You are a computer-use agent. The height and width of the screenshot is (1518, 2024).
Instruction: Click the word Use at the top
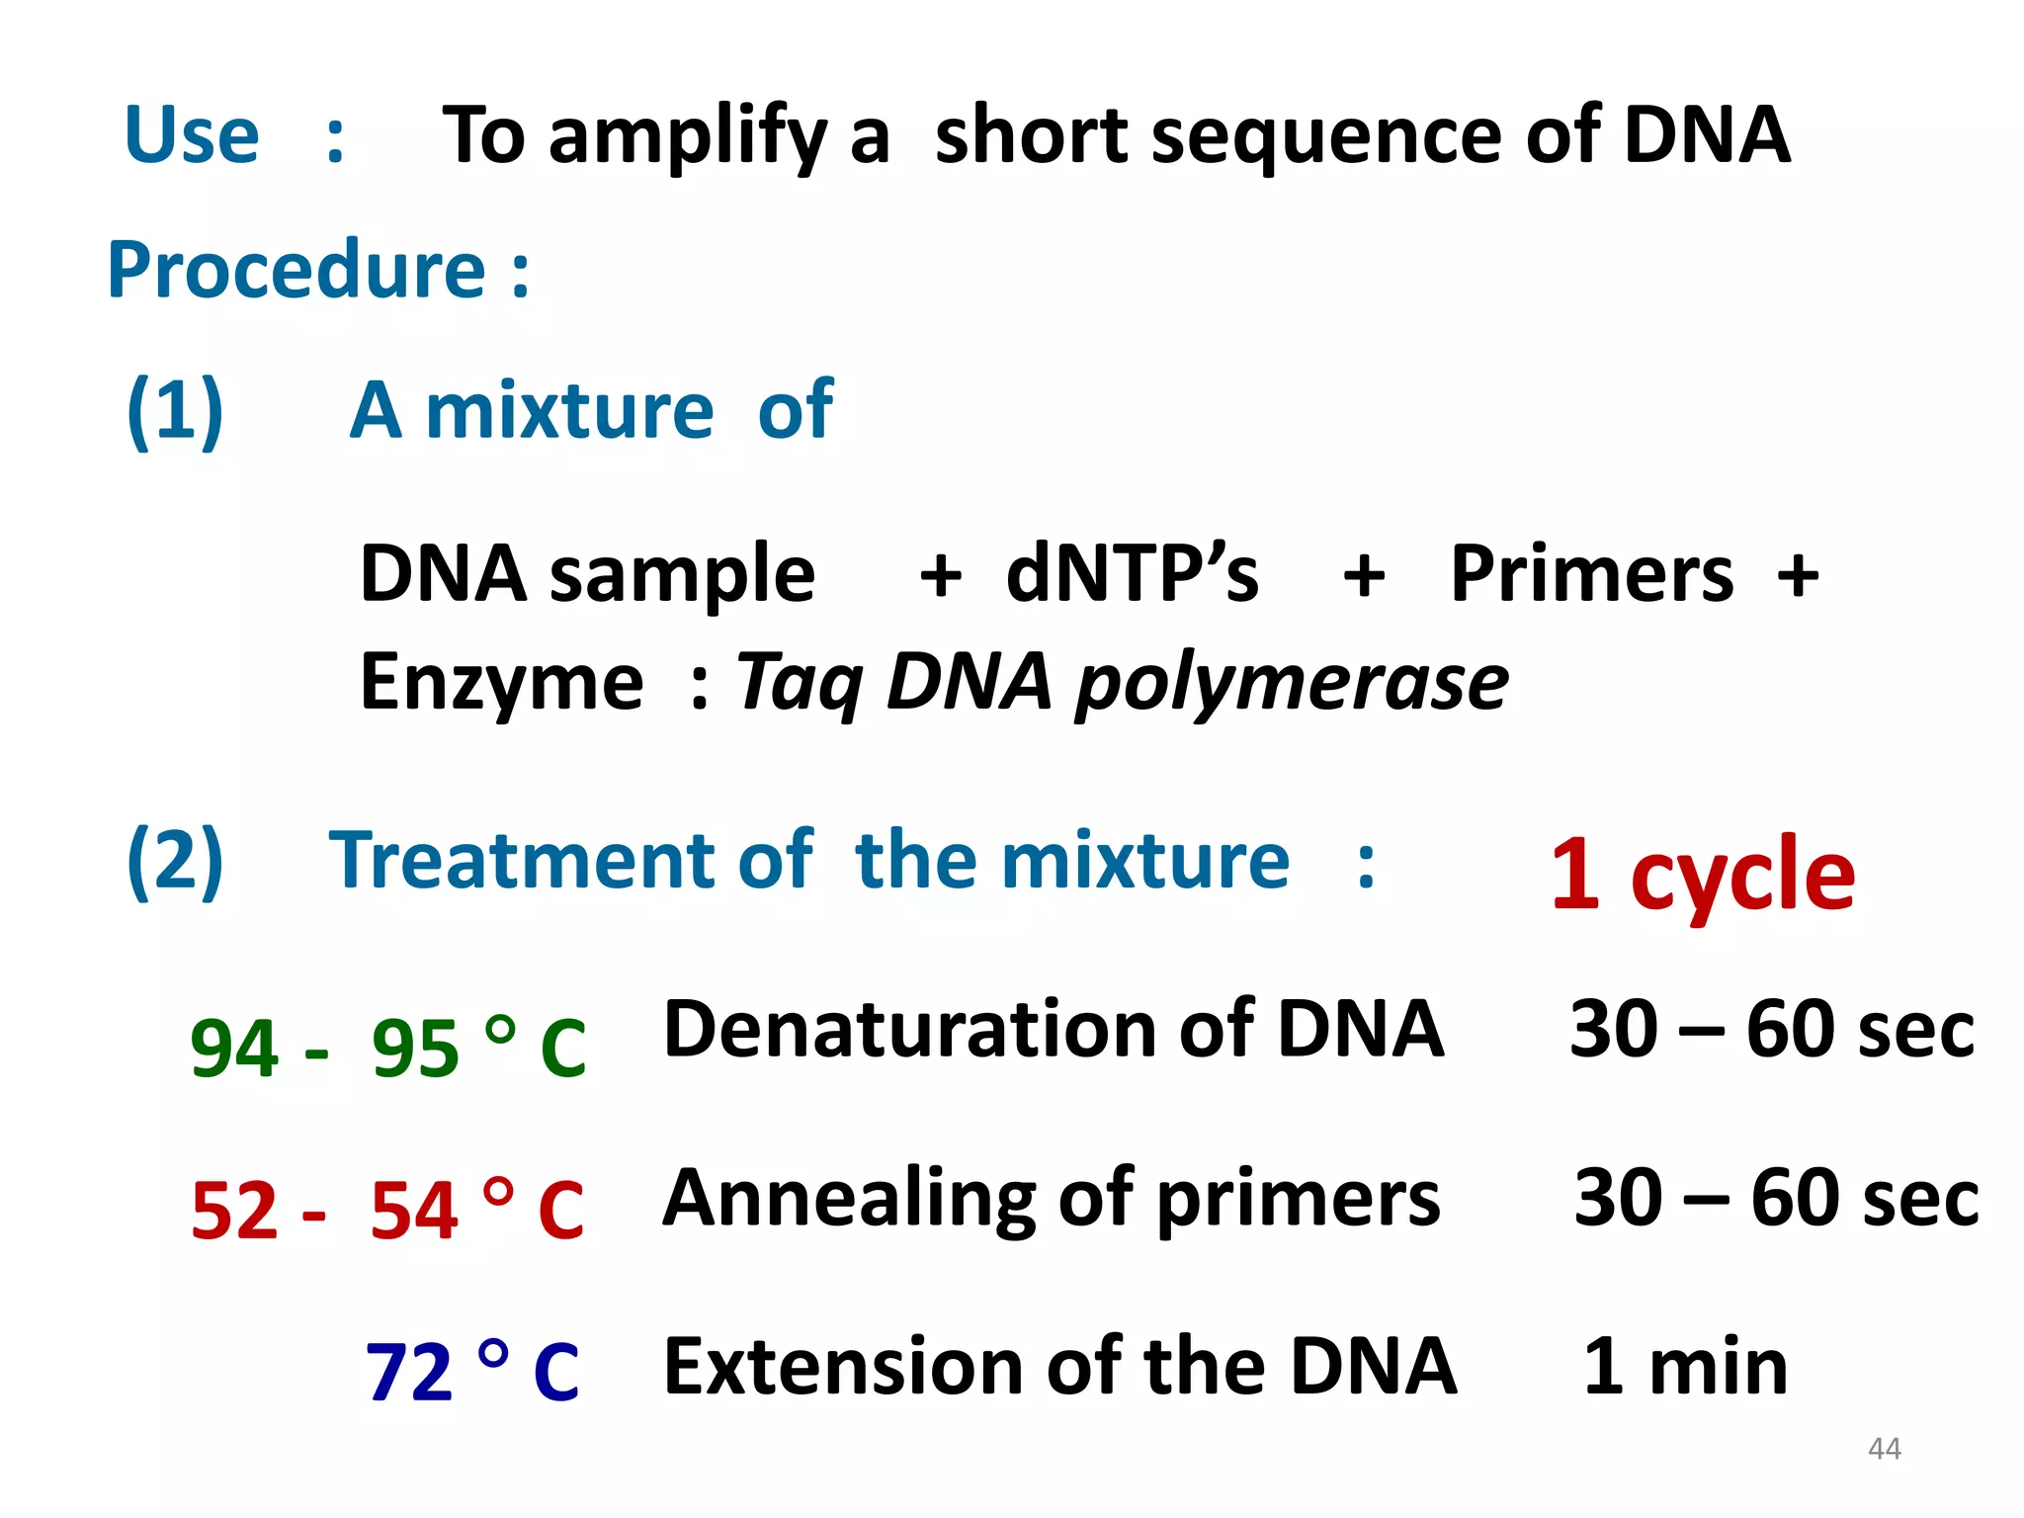(x=192, y=135)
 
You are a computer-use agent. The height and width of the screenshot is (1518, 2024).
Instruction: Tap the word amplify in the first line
(x=687, y=137)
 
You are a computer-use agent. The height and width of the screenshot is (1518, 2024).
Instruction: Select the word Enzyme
(x=501, y=683)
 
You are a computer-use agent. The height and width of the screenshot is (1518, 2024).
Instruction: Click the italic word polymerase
(x=1293, y=683)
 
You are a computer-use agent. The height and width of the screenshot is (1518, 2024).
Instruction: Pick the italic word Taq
(x=799, y=683)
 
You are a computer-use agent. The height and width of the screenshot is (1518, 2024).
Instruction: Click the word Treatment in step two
(x=522, y=861)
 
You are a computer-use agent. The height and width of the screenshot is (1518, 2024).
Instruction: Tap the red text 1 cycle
(x=1703, y=874)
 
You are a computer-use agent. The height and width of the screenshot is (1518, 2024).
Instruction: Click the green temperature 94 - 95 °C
(x=387, y=1048)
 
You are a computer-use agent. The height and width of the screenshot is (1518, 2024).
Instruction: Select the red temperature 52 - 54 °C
(x=387, y=1210)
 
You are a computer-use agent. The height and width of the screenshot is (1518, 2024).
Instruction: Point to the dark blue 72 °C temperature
(x=471, y=1372)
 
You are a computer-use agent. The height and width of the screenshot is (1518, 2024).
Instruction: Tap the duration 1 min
(x=1685, y=1368)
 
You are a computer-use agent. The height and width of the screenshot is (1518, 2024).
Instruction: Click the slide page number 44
(x=1885, y=1449)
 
